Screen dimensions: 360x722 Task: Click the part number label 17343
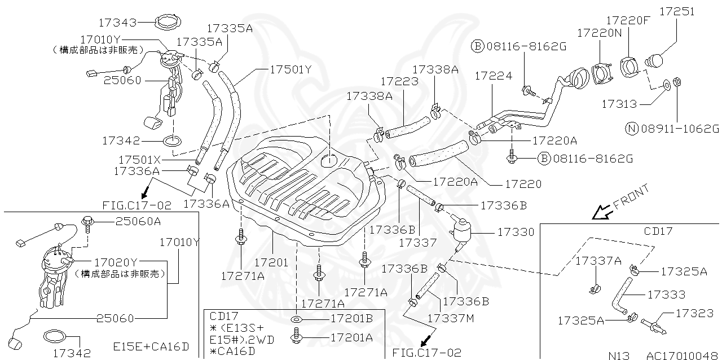coord(117,23)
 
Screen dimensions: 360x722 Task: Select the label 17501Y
coord(290,69)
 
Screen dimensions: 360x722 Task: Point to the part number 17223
coord(399,82)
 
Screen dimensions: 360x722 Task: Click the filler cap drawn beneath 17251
coord(657,60)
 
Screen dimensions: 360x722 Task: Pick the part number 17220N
coord(599,33)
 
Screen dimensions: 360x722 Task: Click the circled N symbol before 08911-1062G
coord(632,129)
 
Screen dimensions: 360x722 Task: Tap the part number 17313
coord(619,104)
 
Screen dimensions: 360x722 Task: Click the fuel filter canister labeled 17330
coord(461,231)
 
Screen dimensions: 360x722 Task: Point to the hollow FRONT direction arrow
coord(601,212)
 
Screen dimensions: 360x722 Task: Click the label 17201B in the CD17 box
coord(351,319)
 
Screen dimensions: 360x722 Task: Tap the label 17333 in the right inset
coord(666,295)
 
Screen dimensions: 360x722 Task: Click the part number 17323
coord(695,312)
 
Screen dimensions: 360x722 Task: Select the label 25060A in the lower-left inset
coord(138,221)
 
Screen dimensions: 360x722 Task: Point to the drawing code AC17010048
coord(683,355)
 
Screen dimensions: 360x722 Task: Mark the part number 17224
coord(493,75)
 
